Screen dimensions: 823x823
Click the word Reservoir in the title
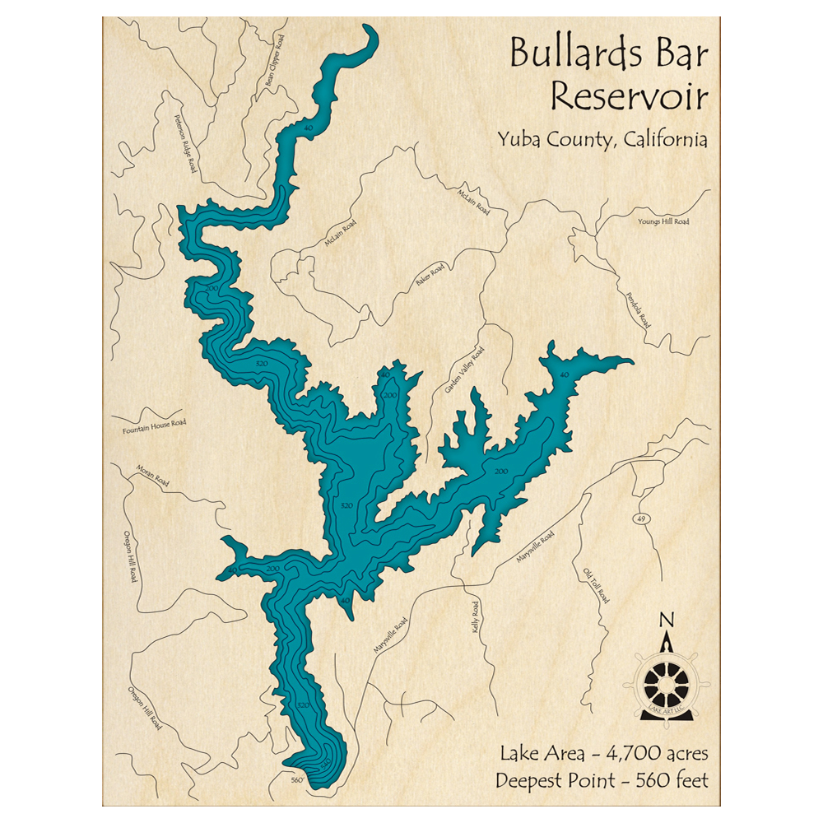coord(629,95)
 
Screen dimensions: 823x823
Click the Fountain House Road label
coord(155,426)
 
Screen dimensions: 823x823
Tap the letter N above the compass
coord(667,620)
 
